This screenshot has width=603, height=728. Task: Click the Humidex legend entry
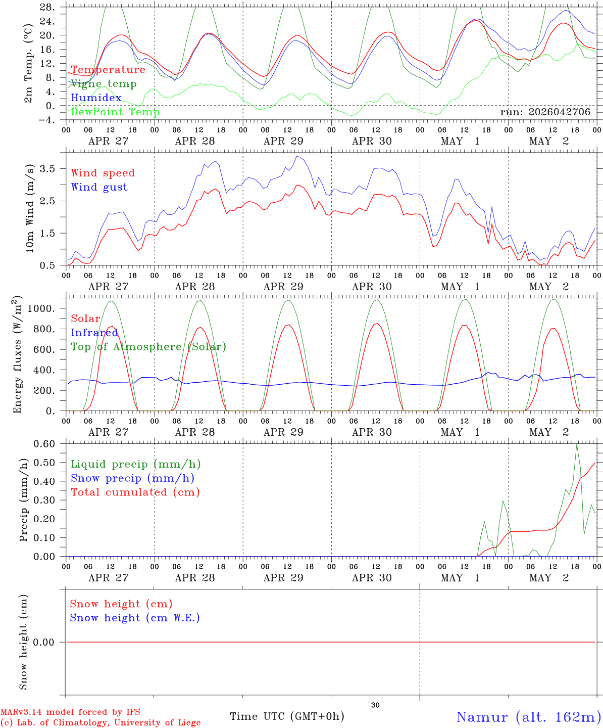click(96, 98)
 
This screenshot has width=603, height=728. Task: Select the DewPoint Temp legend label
click(115, 112)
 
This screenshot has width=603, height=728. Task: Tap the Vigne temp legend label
click(104, 84)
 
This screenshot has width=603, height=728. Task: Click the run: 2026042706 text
click(545, 112)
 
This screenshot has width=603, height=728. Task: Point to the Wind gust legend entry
click(99, 187)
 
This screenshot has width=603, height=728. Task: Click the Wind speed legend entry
click(103, 173)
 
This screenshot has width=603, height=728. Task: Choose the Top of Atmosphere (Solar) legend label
click(149, 347)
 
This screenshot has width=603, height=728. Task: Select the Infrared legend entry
click(94, 333)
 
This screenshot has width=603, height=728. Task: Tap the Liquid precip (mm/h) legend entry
click(136, 464)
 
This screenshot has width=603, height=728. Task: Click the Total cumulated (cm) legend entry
click(135, 492)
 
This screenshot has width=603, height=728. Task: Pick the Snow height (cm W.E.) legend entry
click(135, 618)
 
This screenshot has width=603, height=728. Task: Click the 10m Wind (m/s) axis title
click(30, 208)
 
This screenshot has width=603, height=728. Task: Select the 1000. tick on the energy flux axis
click(41, 308)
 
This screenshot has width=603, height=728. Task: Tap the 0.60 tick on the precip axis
click(44, 444)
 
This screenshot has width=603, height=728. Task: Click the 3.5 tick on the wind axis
click(47, 169)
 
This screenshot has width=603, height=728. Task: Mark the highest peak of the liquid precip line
click(577, 444)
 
